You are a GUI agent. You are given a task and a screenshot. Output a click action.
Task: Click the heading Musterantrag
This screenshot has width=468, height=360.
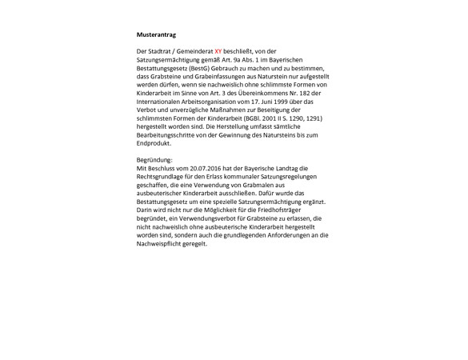[x=156, y=35]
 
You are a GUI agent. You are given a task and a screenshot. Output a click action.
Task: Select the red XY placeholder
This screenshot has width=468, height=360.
[x=218, y=51]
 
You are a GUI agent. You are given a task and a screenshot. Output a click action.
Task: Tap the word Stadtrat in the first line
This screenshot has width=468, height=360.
[x=160, y=51]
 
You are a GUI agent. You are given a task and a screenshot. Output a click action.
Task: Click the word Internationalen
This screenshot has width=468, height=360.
[x=161, y=102]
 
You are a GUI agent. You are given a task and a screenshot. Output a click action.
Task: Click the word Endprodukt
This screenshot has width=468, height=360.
[x=154, y=144]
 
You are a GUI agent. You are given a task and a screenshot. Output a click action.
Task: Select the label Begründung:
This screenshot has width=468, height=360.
[x=154, y=160]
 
